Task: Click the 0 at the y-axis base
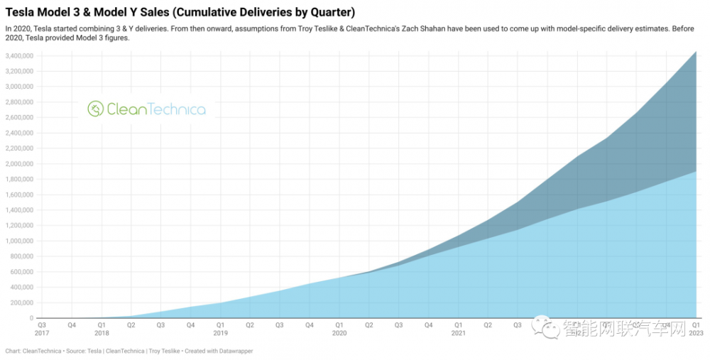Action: [31, 318]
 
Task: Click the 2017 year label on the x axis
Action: [42, 332]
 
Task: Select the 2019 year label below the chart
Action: [220, 332]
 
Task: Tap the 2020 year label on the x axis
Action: [339, 332]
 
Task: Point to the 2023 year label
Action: [696, 332]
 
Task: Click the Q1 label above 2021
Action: [458, 324]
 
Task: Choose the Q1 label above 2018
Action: [102, 324]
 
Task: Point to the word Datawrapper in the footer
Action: [233, 351]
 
